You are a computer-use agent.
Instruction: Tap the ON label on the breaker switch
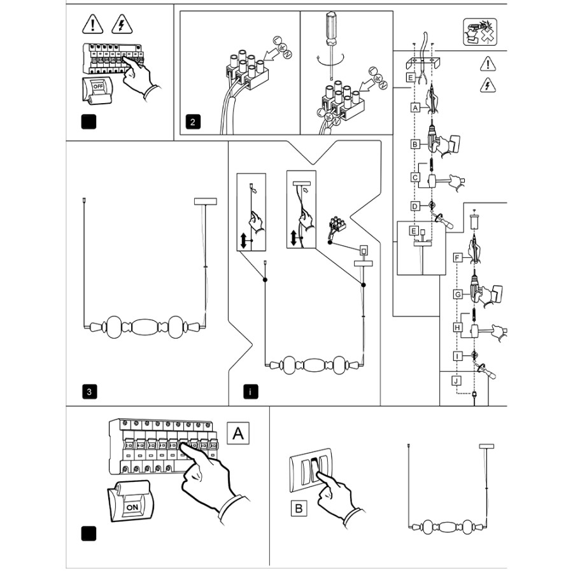coord(132,507)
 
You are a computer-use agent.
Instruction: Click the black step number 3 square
coord(90,392)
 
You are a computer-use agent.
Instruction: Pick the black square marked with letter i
coord(251,392)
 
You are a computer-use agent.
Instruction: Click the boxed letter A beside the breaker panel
coord(238,433)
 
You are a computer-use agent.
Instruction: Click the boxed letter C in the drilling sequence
coord(415,177)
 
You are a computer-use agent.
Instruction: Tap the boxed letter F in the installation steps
coord(457,258)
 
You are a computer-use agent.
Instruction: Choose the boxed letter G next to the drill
coord(457,294)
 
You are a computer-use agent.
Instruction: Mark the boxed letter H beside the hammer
coord(457,327)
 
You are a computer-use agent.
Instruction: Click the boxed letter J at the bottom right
coord(456,381)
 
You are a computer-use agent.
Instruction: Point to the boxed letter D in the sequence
coord(415,206)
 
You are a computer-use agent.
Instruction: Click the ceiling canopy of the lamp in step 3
coord(205,201)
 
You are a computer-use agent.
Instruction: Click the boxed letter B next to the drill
coord(415,145)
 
